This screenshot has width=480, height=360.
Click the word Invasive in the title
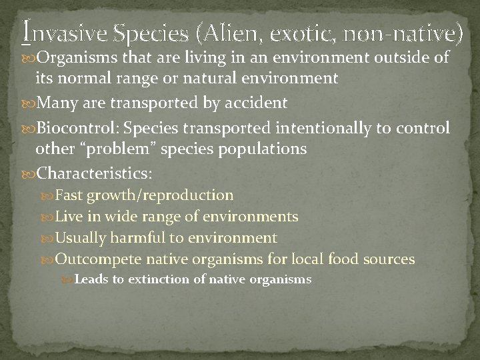[x=60, y=31]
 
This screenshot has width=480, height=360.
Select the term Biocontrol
[x=73, y=127]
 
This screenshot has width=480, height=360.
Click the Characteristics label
[x=95, y=173]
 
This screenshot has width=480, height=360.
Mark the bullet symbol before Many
[x=29, y=103]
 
